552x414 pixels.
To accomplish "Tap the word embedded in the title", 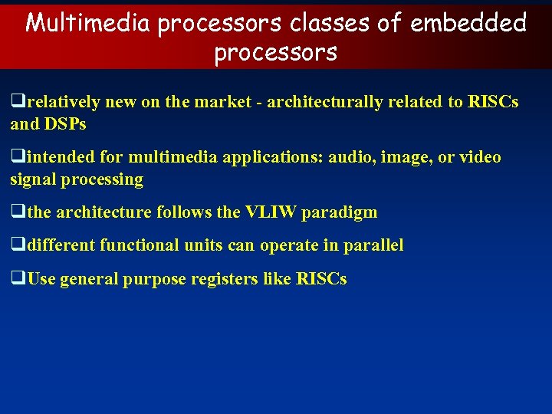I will pyautogui.click(x=468, y=23).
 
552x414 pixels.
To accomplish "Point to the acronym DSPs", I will pyautogui.click(x=66, y=124).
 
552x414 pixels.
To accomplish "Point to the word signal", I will pyautogui.click(x=34, y=179).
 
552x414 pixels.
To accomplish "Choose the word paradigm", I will pyautogui.click(x=340, y=212).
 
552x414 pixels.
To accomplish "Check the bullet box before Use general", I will pyautogui.click(x=16, y=279).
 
